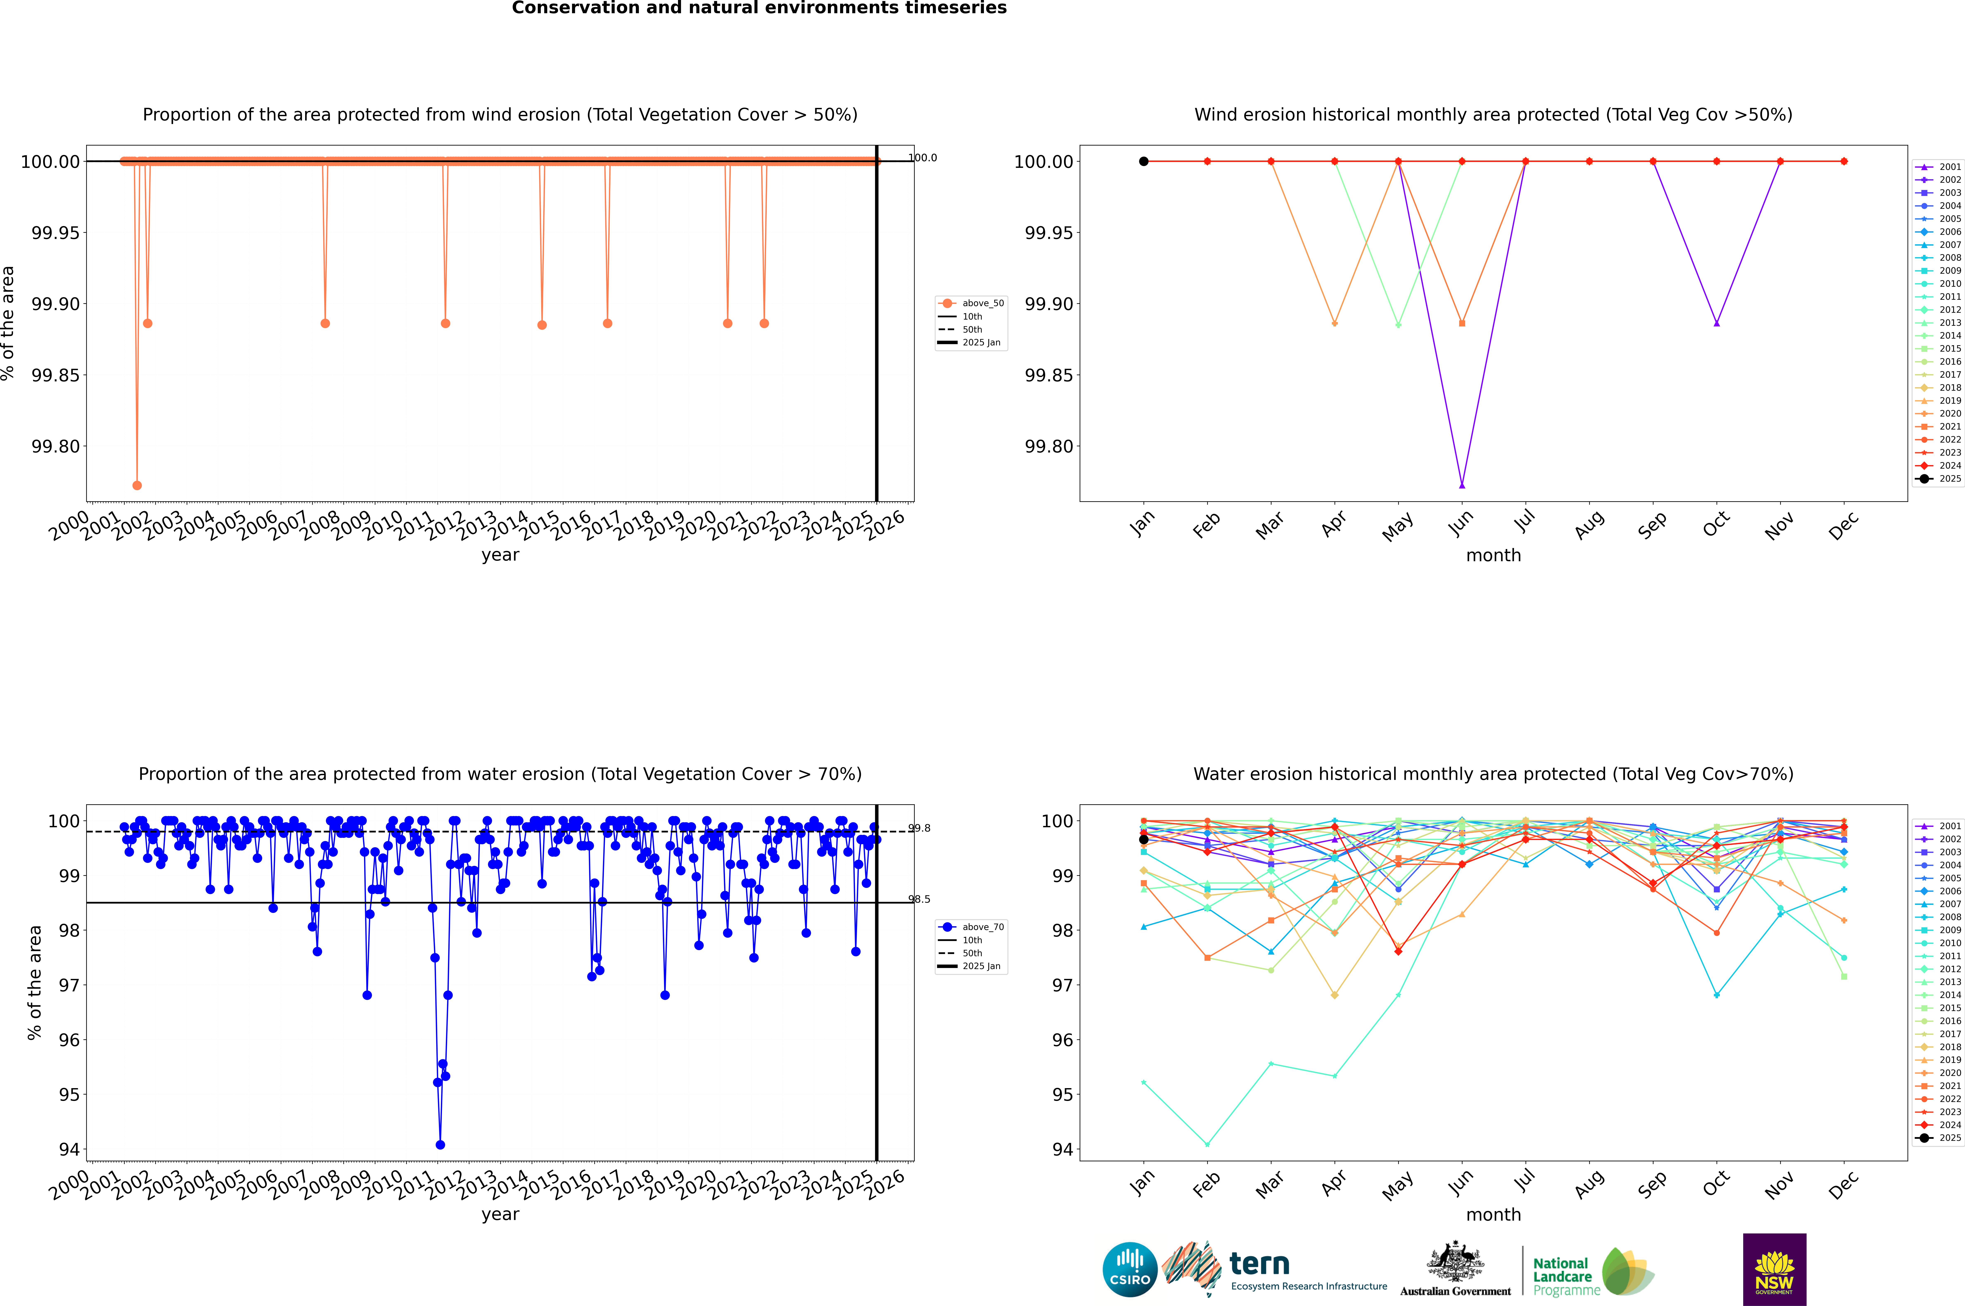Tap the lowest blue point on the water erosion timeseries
pyautogui.click(x=440, y=1144)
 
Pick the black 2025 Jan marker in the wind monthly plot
pyautogui.click(x=1144, y=162)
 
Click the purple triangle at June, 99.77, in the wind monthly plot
pyautogui.click(x=1462, y=485)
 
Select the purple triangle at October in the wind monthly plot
pyautogui.click(x=1717, y=323)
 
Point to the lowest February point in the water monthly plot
pyautogui.click(x=1207, y=1144)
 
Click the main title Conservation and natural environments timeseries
pyautogui.click(x=759, y=8)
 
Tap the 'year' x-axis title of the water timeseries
pyautogui.click(x=500, y=1214)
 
